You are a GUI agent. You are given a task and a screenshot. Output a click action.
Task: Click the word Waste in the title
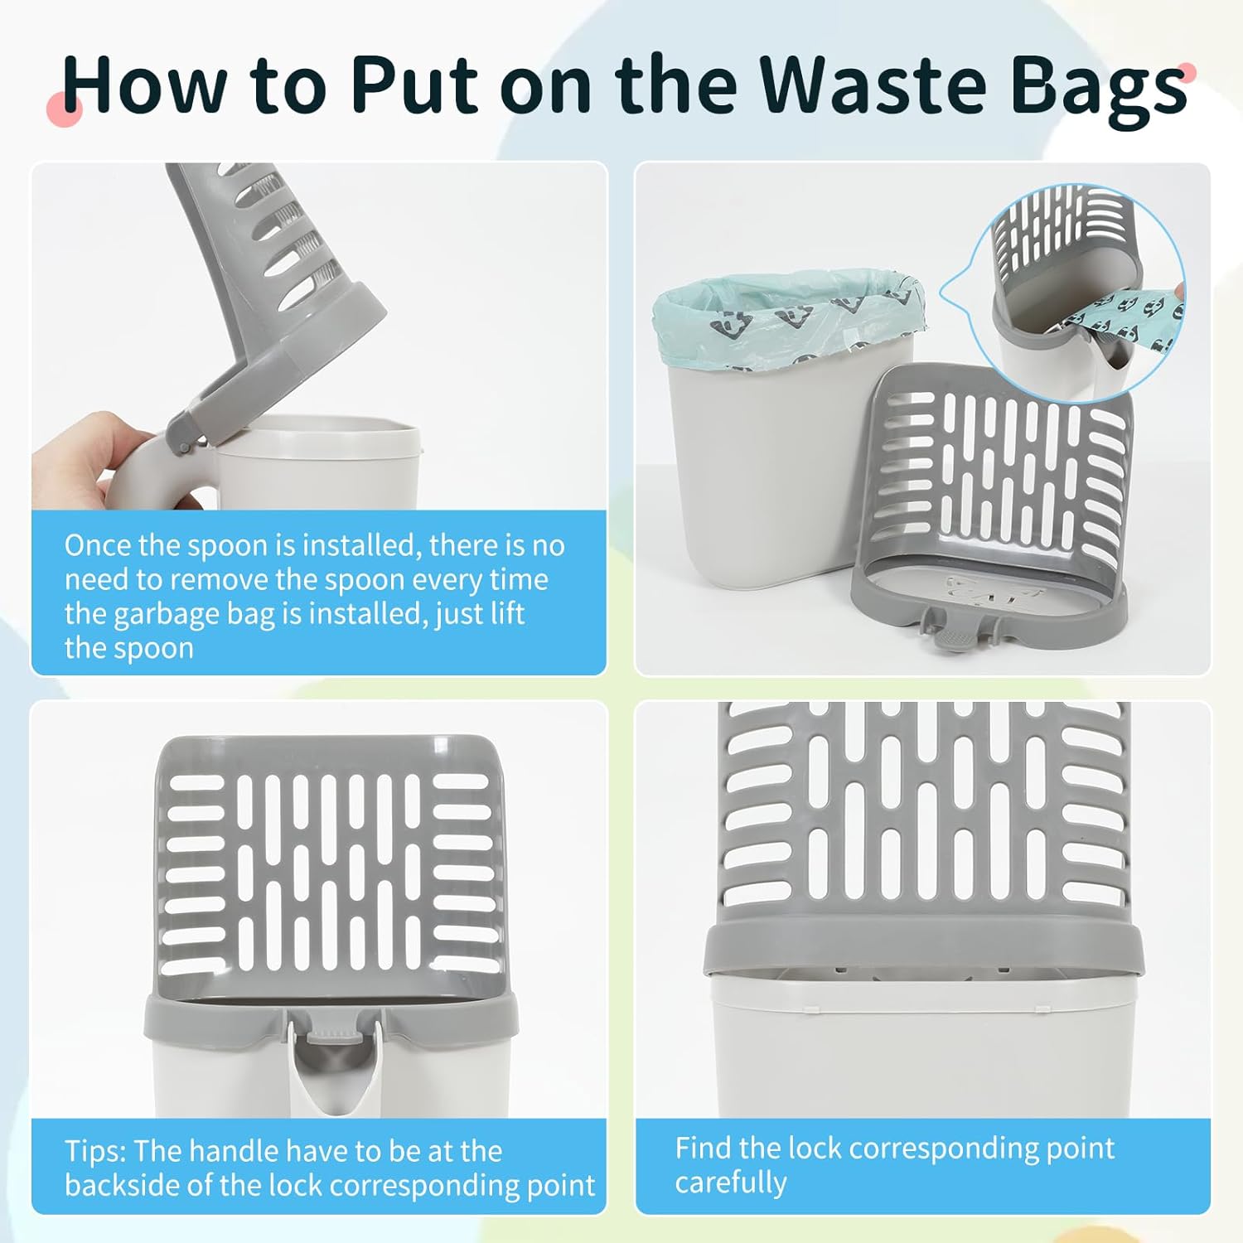[x=873, y=85]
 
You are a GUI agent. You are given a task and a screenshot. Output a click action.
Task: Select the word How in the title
[x=145, y=85]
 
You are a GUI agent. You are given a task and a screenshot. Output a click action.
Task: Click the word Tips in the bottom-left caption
[x=95, y=1151]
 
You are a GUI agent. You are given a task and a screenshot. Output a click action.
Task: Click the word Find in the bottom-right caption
[x=703, y=1148]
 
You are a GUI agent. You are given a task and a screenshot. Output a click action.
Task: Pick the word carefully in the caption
[x=731, y=1183]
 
